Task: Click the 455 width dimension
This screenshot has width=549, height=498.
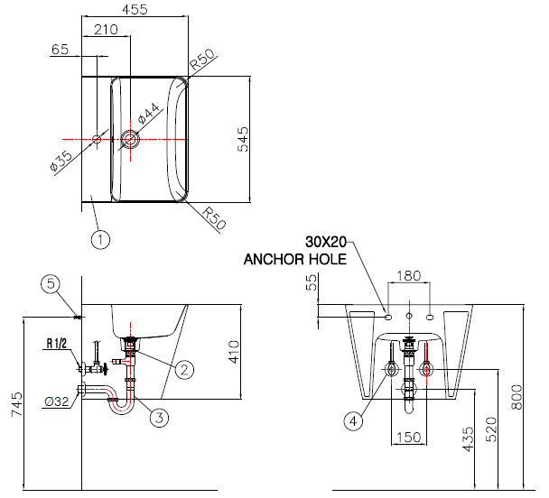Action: pos(135,9)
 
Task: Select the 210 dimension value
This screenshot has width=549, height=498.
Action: pos(106,30)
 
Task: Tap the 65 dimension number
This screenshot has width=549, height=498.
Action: pos(60,50)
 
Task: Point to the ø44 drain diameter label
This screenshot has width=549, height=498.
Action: pos(149,114)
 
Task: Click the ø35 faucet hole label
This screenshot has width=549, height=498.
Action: pos(61,161)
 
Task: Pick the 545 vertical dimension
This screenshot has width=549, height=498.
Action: pos(243,139)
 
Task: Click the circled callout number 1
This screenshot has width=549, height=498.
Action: pos(100,240)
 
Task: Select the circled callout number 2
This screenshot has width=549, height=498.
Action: pos(184,369)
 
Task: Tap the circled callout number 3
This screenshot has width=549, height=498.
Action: pos(159,417)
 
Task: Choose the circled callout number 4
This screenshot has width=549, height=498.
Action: pos(354,421)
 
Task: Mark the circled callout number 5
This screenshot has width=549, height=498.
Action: pos(51,283)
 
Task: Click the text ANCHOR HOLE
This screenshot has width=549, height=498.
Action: pos(295,260)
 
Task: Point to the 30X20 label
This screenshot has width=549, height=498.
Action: pos(326,242)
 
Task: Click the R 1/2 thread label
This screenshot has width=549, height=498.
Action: pos(57,344)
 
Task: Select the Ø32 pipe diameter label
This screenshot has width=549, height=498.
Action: pos(57,401)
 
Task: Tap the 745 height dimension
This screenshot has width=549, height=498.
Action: pos(17,404)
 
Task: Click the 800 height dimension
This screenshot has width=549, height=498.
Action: pos(516,397)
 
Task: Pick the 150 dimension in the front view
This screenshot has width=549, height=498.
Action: pos(409,438)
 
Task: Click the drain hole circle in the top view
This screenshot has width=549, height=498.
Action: pos(130,139)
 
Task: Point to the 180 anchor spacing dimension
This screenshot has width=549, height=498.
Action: pos(409,276)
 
